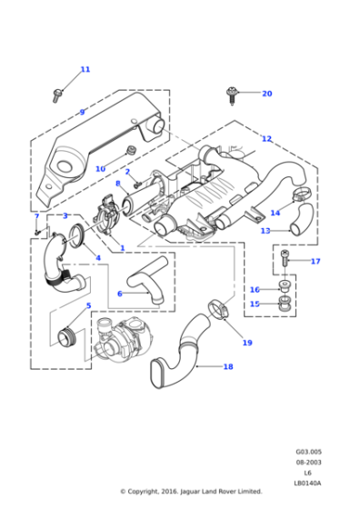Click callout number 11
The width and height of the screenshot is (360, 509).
tap(85, 69)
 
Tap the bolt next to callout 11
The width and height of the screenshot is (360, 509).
tap(60, 91)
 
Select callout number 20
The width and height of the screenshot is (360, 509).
tap(266, 94)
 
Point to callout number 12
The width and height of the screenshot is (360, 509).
tap(266, 139)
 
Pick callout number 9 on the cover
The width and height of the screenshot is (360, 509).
tap(82, 113)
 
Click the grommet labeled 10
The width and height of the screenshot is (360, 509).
tap(131, 149)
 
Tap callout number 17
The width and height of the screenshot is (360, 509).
tap(315, 262)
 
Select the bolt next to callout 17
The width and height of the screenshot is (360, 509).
tap(285, 260)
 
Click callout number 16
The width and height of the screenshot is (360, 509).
tap(255, 289)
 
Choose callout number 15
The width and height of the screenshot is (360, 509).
tap(255, 304)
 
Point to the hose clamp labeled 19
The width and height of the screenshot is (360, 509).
tap(218, 308)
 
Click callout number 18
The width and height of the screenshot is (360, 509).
tap(228, 367)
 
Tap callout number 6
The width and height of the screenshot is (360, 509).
tap(119, 294)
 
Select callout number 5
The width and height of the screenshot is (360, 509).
tap(88, 305)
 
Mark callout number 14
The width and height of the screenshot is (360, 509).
tap(275, 213)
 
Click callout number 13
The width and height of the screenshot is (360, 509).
tap(265, 231)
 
